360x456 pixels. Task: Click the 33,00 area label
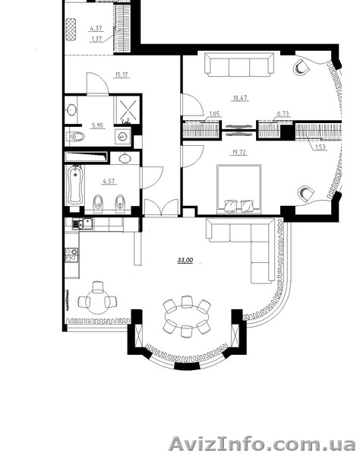[185, 260]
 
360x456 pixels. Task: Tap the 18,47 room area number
[240, 98]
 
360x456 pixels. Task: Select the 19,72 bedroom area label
[238, 152]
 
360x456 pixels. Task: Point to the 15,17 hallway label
[122, 74]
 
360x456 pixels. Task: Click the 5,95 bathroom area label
[98, 125]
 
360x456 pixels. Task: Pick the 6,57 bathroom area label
[109, 182]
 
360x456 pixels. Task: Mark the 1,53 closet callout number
[320, 147]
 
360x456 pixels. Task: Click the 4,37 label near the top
[96, 28]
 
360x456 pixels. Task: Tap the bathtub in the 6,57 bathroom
[76, 185]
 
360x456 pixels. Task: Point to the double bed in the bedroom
[238, 189]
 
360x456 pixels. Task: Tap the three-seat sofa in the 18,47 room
[239, 65]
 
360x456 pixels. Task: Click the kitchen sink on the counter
[83, 224]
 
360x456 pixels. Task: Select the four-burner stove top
[71, 255]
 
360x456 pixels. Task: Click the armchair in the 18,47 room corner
[302, 68]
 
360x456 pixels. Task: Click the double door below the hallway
[161, 207]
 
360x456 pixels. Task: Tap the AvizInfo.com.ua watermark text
[262, 444]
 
